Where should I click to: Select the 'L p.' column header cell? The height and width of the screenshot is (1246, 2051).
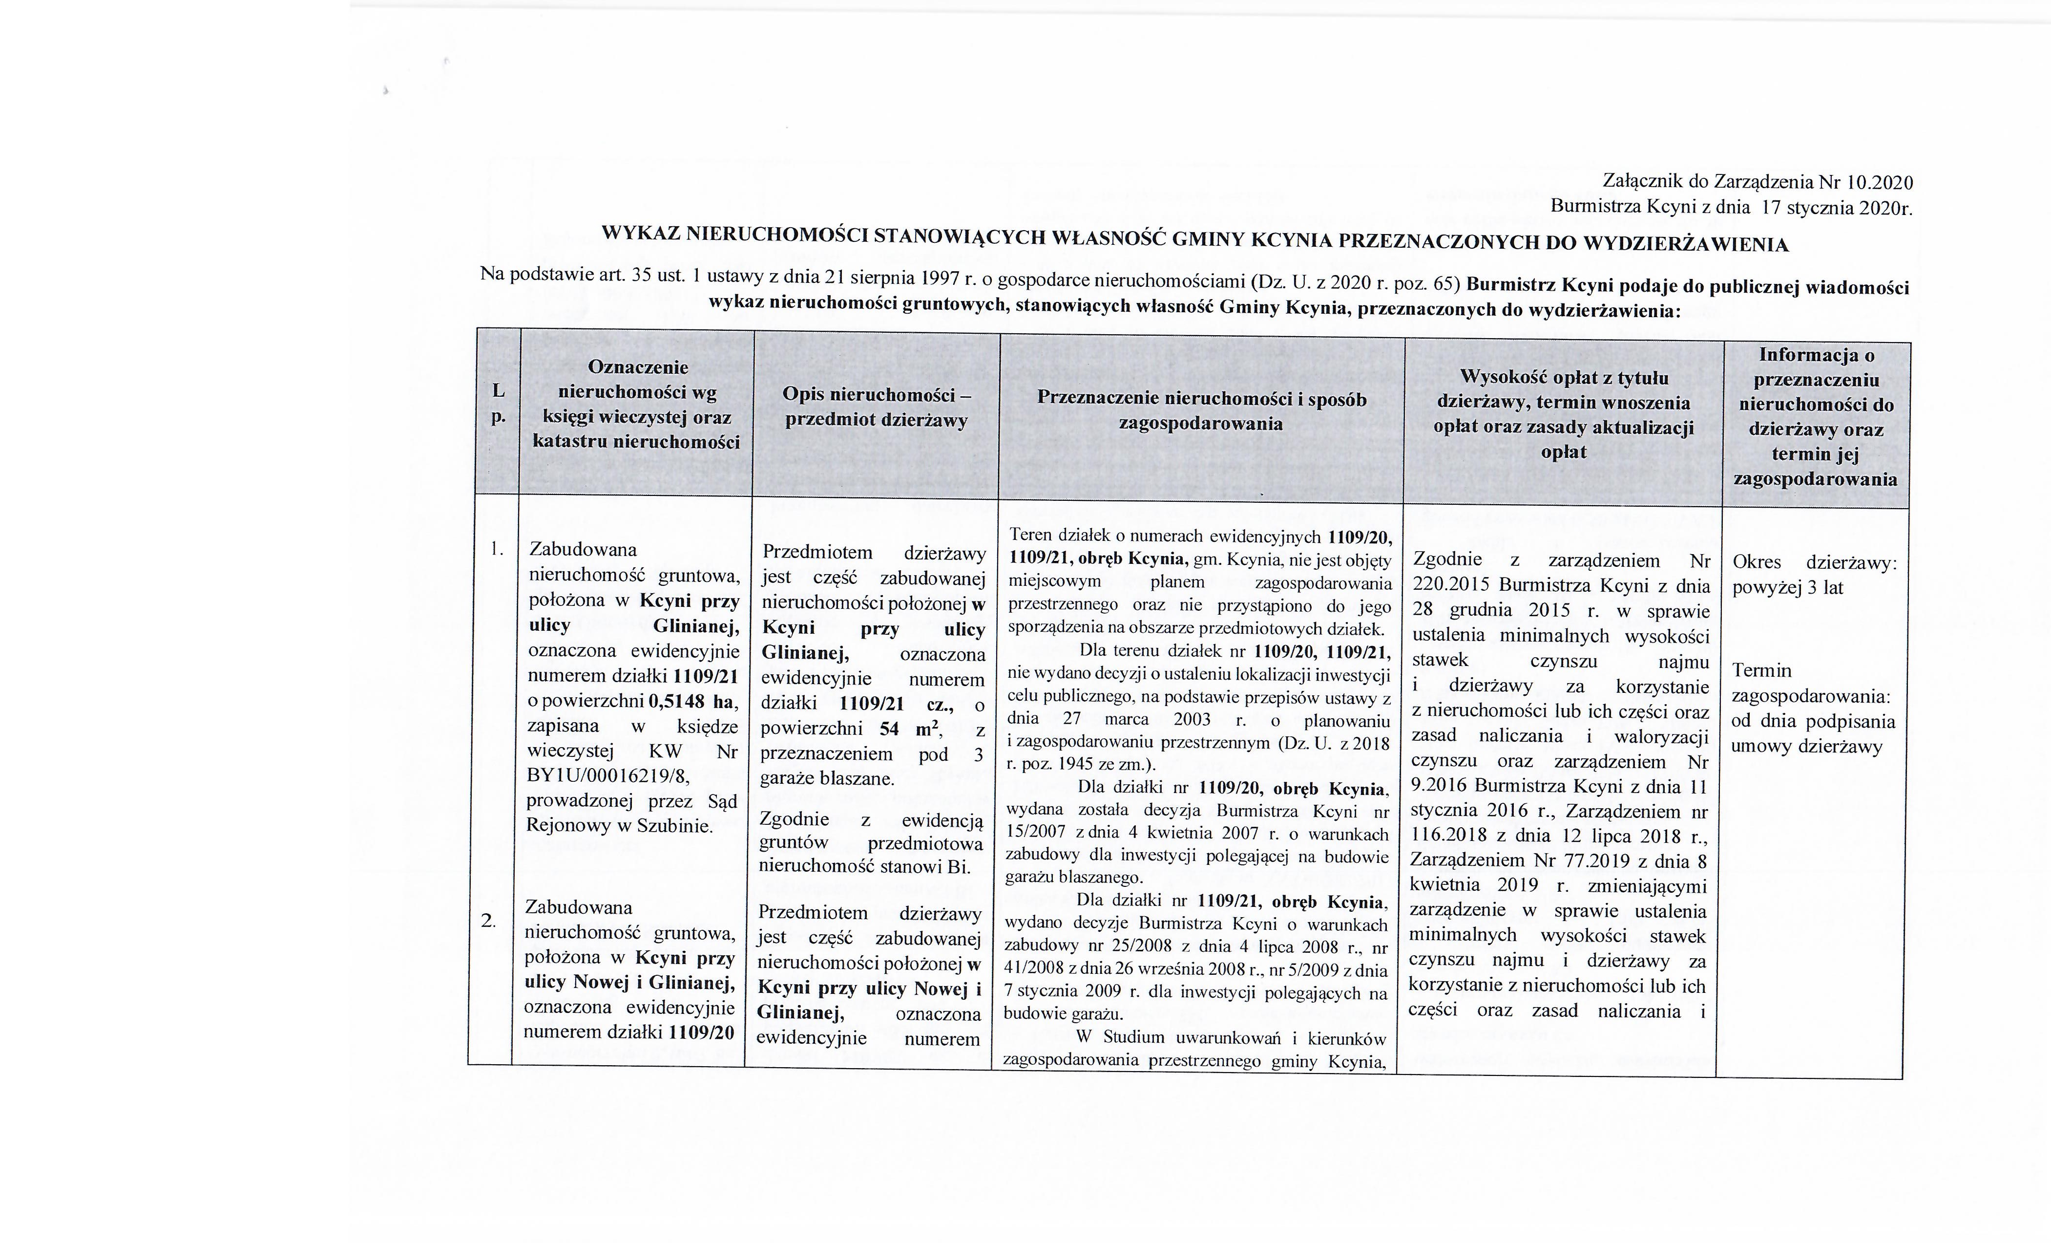498,403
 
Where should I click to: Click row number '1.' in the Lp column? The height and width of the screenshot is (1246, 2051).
497,548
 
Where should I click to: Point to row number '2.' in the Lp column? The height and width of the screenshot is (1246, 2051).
489,921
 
